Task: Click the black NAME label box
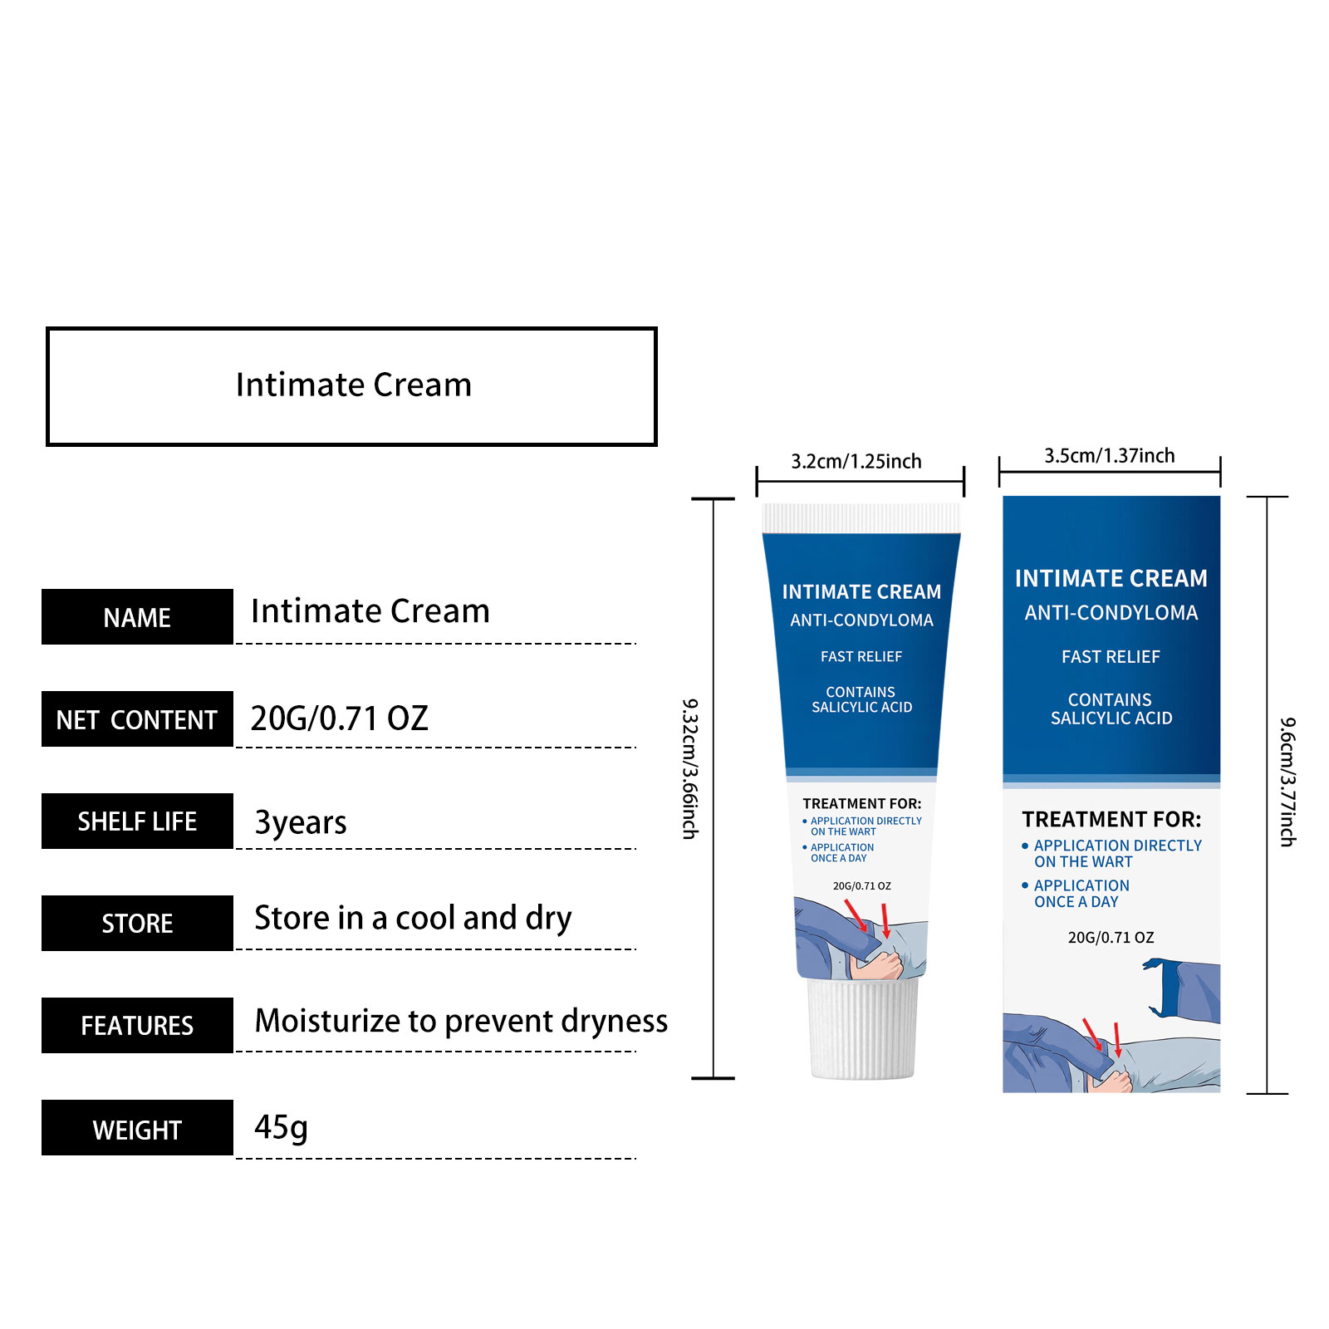(x=137, y=616)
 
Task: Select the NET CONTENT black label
(x=137, y=718)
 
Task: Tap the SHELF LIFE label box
(x=137, y=821)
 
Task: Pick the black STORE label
(x=137, y=923)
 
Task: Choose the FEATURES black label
(x=137, y=1025)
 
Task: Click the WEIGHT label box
(x=137, y=1127)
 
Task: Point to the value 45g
(x=281, y=1128)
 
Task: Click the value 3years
(x=300, y=822)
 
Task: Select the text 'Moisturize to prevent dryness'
(x=461, y=1021)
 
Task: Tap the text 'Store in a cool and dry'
(x=413, y=919)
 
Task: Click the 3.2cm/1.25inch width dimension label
(x=856, y=461)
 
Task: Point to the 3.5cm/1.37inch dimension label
(x=1110, y=455)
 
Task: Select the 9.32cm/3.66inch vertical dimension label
(x=690, y=768)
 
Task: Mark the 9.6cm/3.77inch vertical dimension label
(x=1287, y=782)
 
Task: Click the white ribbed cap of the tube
(x=863, y=1029)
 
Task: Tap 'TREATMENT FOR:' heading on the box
(x=1111, y=820)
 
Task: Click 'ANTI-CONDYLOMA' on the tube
(x=861, y=620)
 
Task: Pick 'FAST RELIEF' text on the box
(x=1111, y=657)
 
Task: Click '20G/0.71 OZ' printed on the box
(x=1111, y=938)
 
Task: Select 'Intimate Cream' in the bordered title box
(x=354, y=385)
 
